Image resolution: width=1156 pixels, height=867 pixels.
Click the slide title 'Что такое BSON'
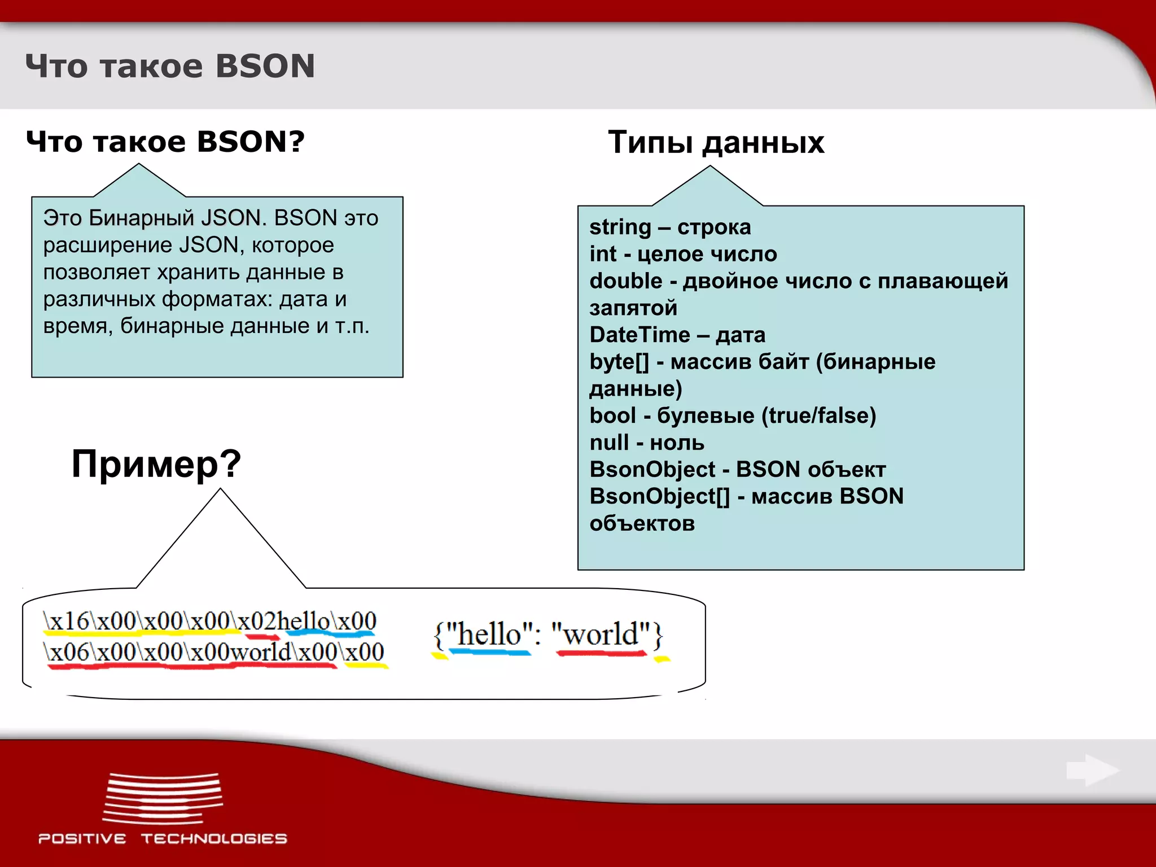pyautogui.click(x=170, y=67)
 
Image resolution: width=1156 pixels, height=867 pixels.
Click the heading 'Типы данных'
pyautogui.click(x=716, y=142)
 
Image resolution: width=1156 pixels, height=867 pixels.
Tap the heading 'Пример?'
pyautogui.click(x=156, y=464)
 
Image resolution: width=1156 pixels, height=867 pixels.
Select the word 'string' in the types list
pyautogui.click(x=620, y=227)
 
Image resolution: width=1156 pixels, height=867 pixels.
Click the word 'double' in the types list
pyautogui.click(x=625, y=281)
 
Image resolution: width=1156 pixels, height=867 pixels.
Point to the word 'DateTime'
pyautogui.click(x=640, y=335)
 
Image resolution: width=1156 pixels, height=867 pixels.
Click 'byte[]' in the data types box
pyautogui.click(x=619, y=362)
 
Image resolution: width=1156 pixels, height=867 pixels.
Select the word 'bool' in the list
pyautogui.click(x=612, y=416)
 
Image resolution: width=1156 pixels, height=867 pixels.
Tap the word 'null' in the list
pyautogui.click(x=609, y=443)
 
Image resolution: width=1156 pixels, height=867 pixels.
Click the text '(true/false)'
pyautogui.click(x=818, y=416)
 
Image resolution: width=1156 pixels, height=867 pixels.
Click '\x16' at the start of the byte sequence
pyautogui.click(x=67, y=621)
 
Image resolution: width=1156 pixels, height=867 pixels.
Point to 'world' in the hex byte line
pyautogui.click(x=261, y=652)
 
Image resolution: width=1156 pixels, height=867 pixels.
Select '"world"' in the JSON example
pyautogui.click(x=601, y=634)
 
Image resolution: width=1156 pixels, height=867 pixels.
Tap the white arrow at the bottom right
pyautogui.click(x=1092, y=770)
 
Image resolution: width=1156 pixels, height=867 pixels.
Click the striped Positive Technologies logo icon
pyautogui.click(x=163, y=798)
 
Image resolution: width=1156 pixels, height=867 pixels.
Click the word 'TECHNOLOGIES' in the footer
pyautogui.click(x=214, y=839)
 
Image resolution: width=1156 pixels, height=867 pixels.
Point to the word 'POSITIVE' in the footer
pyautogui.click(x=82, y=839)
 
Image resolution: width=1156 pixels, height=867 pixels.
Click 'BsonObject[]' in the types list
pyautogui.click(x=659, y=497)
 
